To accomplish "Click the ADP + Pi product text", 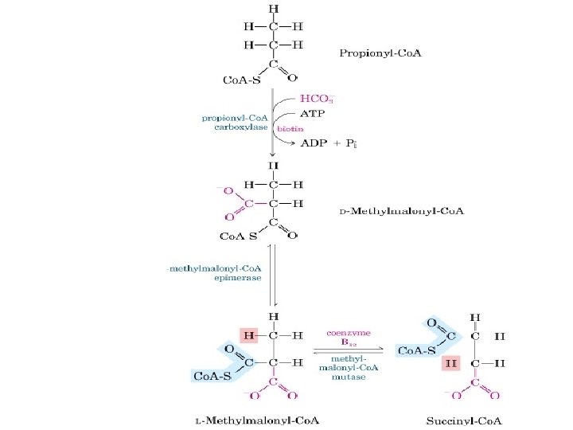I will click(329, 144).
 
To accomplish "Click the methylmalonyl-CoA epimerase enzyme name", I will click(216, 275).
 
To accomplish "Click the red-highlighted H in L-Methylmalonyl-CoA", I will click(248, 336).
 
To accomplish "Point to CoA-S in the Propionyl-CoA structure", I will click(242, 80).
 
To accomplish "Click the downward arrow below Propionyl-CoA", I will click(274, 119).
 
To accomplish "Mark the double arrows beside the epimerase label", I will click(272, 275).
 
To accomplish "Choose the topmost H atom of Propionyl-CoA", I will click(273, 10).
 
